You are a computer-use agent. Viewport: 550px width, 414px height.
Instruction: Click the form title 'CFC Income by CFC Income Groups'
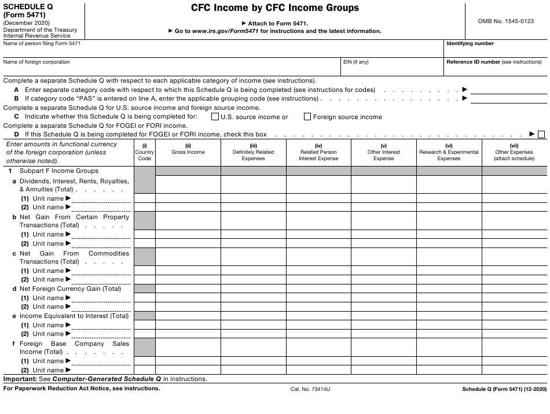tap(275, 8)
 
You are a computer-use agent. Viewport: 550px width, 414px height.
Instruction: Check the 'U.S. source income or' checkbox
tap(215, 117)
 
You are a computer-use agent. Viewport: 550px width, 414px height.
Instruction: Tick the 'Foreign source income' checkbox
tap(307, 117)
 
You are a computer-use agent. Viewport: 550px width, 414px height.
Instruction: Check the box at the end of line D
tap(541, 135)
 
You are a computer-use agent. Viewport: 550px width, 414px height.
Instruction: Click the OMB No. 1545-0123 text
tap(506, 21)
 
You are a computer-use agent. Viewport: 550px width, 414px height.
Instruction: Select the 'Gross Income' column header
tap(188, 152)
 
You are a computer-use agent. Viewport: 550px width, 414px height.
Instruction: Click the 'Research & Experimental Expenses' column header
tap(449, 155)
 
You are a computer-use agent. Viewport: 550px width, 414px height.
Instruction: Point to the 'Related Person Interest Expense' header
tap(318, 155)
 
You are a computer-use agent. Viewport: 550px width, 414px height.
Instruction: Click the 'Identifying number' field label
tap(470, 43)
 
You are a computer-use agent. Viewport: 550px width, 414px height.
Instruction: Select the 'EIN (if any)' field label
tap(355, 62)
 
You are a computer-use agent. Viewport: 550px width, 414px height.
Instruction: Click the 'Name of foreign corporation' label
tap(36, 62)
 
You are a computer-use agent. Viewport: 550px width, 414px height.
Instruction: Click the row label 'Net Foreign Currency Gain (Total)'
tap(70, 289)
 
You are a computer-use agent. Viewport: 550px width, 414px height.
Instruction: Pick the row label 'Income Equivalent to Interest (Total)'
tap(74, 316)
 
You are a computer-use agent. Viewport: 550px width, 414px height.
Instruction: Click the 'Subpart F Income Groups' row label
tap(59, 171)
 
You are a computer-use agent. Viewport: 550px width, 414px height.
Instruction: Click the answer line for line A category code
tap(508, 90)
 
